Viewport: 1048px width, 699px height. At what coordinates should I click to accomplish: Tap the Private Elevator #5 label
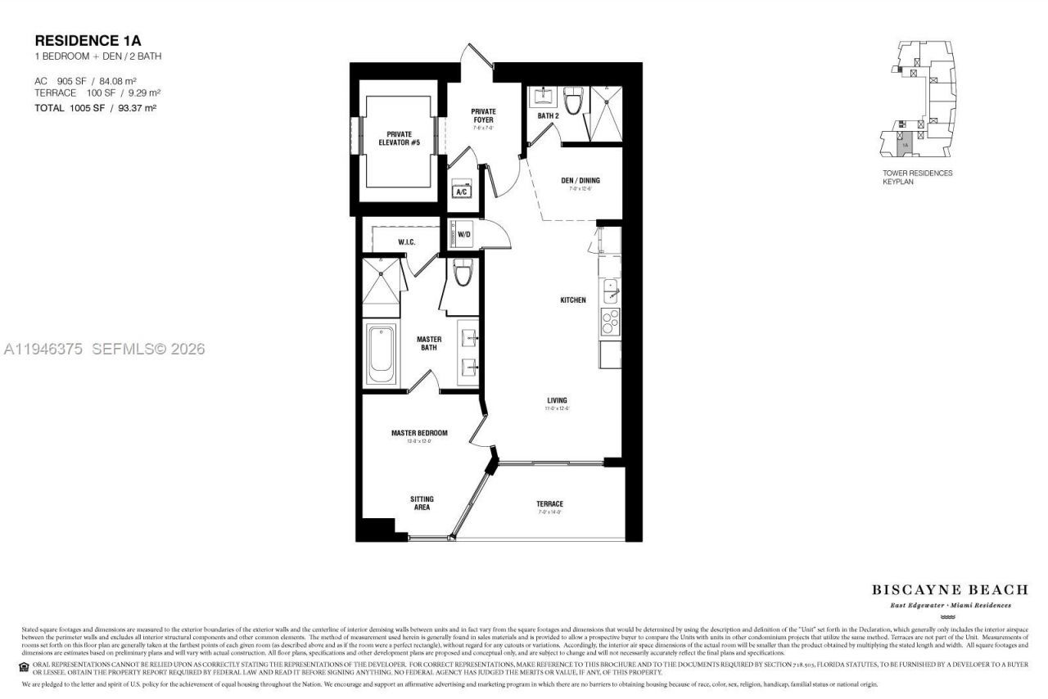399,138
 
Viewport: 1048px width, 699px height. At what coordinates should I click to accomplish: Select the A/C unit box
462,191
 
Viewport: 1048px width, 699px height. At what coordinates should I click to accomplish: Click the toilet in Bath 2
573,102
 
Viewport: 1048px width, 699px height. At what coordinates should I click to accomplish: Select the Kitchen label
572,300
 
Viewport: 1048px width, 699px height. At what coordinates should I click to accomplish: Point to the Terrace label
550,504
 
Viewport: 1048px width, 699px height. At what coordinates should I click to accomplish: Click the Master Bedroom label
419,433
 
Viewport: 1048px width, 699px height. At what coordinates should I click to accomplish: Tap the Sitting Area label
422,503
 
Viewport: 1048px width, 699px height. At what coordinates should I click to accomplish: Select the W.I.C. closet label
408,242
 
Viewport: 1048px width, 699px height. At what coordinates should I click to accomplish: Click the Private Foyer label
483,115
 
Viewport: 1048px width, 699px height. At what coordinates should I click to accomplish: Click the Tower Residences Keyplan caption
917,177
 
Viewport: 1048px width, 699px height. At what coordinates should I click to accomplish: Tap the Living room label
558,400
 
